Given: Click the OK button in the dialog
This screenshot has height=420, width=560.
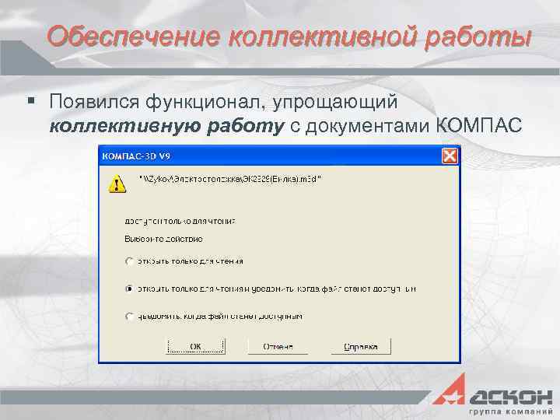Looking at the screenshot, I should [x=196, y=346].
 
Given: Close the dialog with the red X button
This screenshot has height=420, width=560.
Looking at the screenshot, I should [x=449, y=156].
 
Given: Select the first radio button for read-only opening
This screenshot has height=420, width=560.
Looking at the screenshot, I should [x=128, y=261].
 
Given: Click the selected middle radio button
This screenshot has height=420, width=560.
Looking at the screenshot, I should [x=128, y=289].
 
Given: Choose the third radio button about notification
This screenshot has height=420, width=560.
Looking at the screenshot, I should [x=128, y=316].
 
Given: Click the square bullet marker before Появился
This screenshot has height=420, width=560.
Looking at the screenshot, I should [x=32, y=101].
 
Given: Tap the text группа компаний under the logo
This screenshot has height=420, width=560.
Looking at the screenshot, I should [x=509, y=409].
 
